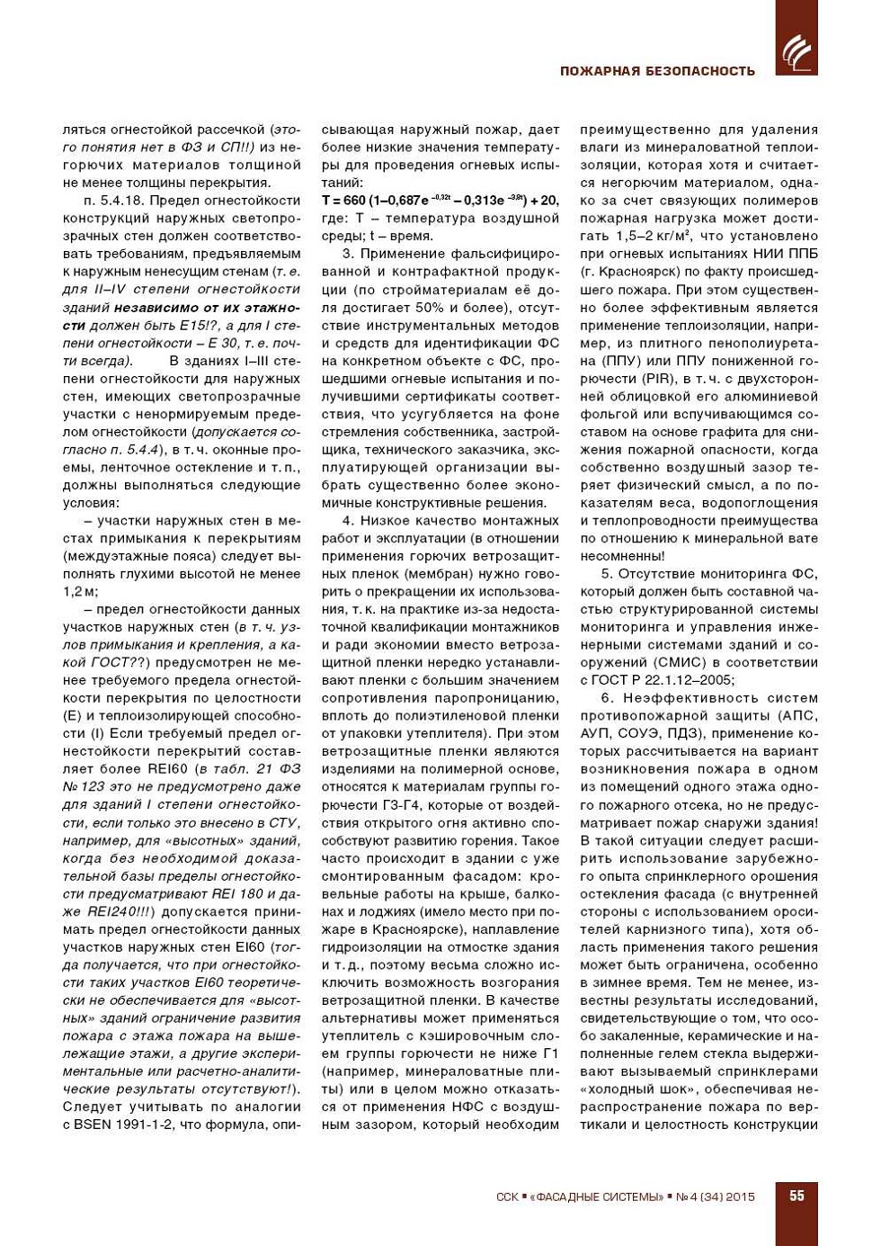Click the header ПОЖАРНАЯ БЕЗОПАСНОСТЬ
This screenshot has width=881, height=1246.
click(657, 71)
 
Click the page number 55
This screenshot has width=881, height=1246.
click(796, 1196)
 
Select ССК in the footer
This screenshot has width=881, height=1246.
click(507, 1197)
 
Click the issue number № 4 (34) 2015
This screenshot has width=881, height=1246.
click(716, 1197)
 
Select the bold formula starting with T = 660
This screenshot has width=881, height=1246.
click(440, 201)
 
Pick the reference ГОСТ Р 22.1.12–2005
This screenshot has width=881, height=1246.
click(663, 680)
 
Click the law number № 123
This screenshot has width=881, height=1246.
click(84, 787)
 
